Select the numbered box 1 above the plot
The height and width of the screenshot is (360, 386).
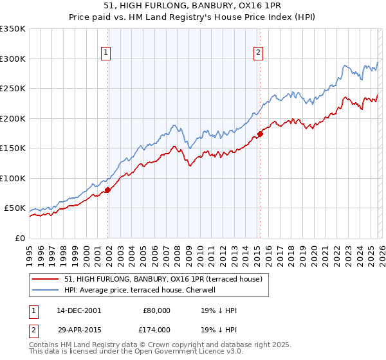click(x=106, y=53)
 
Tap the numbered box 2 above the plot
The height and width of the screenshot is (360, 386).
click(x=258, y=53)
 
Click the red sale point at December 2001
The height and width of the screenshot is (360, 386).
click(x=107, y=190)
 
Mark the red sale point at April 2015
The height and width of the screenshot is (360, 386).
click(x=260, y=134)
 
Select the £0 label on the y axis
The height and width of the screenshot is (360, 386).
click(x=19, y=238)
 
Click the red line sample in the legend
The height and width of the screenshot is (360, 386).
click(x=46, y=280)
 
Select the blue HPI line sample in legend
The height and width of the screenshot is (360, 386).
click(x=46, y=290)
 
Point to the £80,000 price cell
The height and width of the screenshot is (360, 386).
click(x=156, y=310)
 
